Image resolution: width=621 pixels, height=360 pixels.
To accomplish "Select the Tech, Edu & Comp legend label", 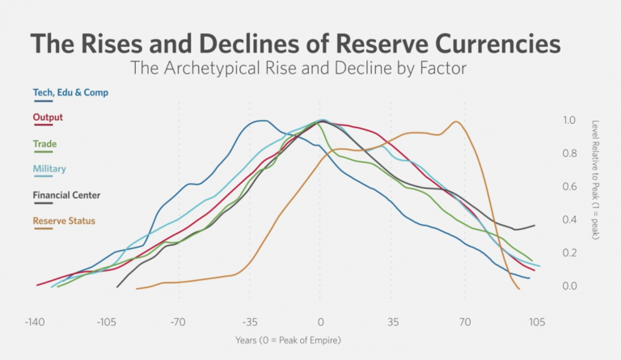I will pyautogui.click(x=70, y=92).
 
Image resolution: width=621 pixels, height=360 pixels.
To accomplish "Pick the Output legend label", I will pyautogui.click(x=48, y=117).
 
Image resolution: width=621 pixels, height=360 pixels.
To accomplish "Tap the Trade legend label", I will pyautogui.click(x=44, y=143).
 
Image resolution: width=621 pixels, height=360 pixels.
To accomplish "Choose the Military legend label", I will pyautogui.click(x=49, y=168).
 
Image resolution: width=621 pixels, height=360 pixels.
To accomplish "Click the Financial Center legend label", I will pyautogui.click(x=66, y=194).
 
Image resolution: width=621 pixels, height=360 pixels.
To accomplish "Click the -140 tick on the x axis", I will pyautogui.click(x=34, y=321).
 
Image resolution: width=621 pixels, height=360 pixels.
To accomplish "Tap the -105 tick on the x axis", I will pyautogui.click(x=106, y=321).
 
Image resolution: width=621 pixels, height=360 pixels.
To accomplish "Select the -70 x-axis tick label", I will pyautogui.click(x=179, y=321).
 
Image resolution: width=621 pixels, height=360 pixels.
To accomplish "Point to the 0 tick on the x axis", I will pyautogui.click(x=321, y=321).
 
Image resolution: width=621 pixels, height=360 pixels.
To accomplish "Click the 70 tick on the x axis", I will pyautogui.click(x=465, y=321).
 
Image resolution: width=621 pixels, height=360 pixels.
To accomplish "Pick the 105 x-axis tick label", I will pyautogui.click(x=536, y=321).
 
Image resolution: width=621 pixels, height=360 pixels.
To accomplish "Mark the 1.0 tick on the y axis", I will pyautogui.click(x=569, y=120).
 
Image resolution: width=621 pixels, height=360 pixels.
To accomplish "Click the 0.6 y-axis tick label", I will pyautogui.click(x=569, y=187).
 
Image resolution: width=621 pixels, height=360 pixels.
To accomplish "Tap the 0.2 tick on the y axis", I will pyautogui.click(x=569, y=253).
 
